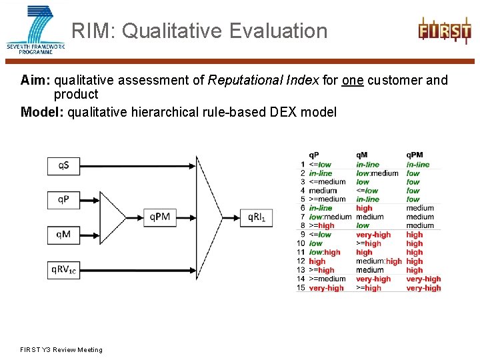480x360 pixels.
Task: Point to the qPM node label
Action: pyautogui.click(x=160, y=216)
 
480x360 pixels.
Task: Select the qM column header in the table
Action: pyautogui.click(x=362, y=155)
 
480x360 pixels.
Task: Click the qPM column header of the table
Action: pyautogui.click(x=414, y=155)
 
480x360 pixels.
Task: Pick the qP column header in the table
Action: pyautogui.click(x=314, y=155)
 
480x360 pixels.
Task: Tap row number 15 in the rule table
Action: pyautogui.click(x=301, y=288)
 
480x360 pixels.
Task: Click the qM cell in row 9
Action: pyautogui.click(x=373, y=235)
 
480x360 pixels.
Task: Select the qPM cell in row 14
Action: pyautogui.click(x=423, y=279)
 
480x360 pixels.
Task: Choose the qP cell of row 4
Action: pyautogui.click(x=323, y=191)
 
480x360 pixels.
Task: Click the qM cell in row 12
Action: pyautogui.click(x=379, y=261)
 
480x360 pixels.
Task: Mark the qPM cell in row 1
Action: pyautogui.click(x=418, y=165)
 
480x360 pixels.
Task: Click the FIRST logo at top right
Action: pyautogui.click(x=444, y=31)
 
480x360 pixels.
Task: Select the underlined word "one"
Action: pyautogui.click(x=353, y=81)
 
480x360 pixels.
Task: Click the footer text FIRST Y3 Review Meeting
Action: pyautogui.click(x=61, y=349)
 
